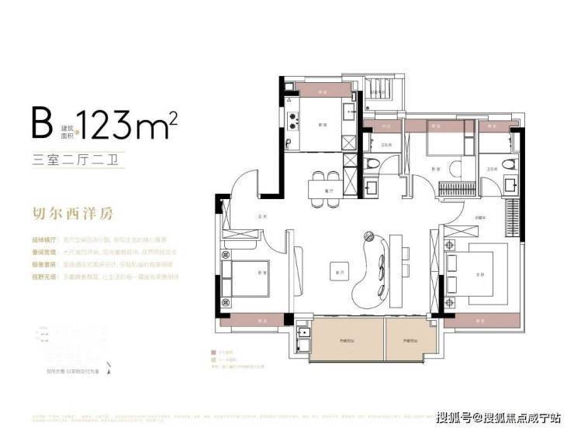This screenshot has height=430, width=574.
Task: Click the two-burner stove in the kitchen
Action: click(293, 121)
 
